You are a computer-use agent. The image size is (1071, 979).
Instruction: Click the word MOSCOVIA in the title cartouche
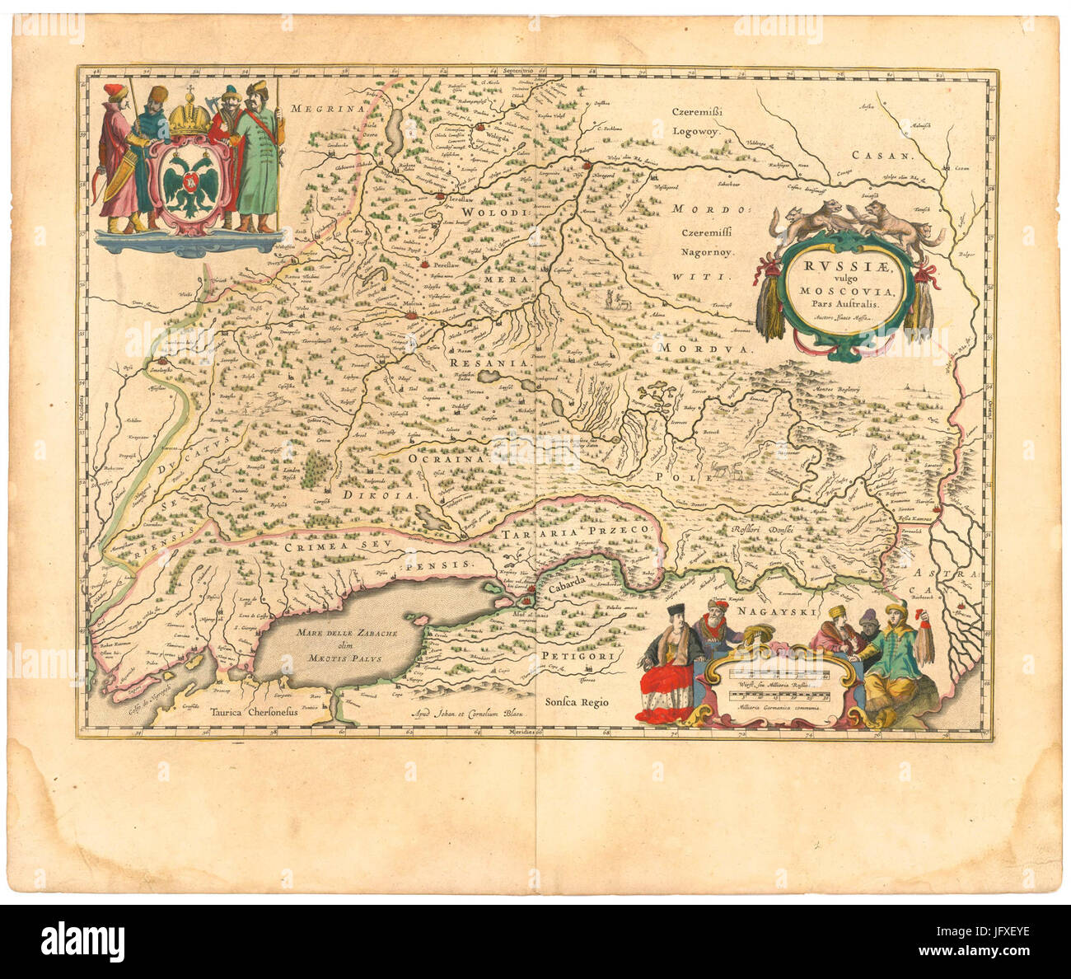click(x=839, y=291)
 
